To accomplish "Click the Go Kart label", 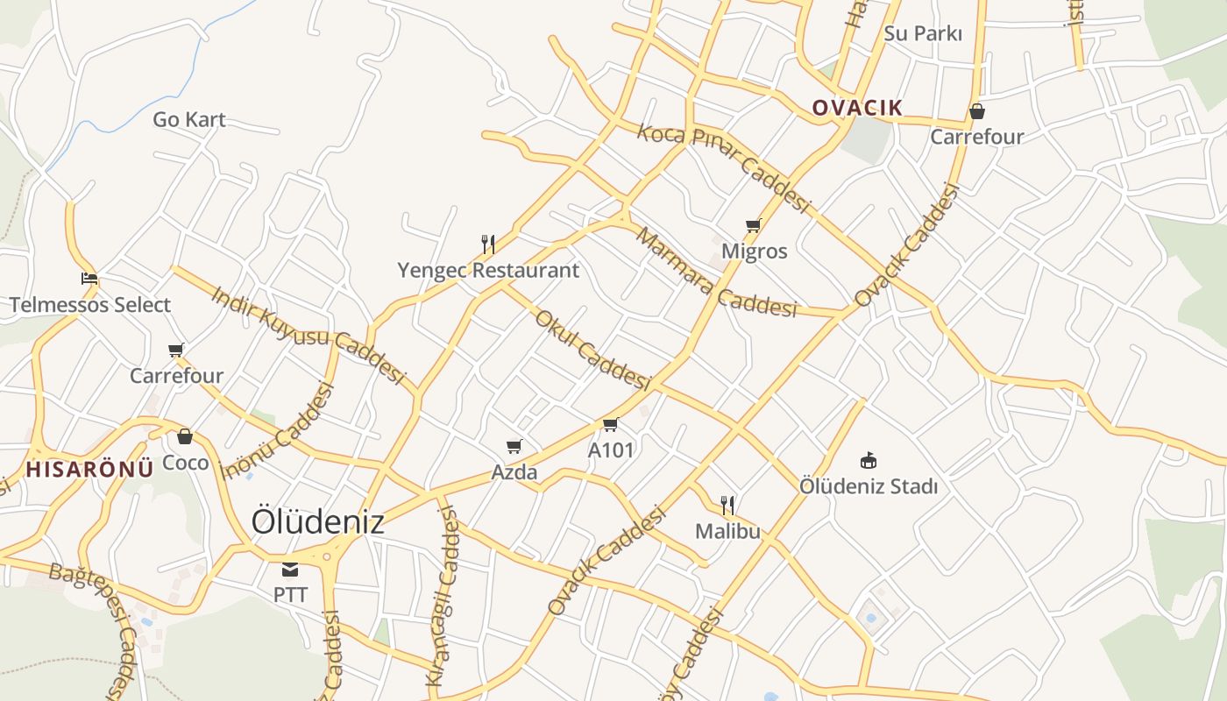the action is click(x=189, y=119).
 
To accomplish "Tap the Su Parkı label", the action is click(x=923, y=33).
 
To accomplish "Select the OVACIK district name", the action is click(x=856, y=108).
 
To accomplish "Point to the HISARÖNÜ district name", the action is click(x=89, y=469).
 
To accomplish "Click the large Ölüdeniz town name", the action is click(x=318, y=521).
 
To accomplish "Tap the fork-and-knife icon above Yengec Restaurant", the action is click(x=488, y=243).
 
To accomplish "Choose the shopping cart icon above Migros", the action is click(x=753, y=226).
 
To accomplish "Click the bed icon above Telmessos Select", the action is click(x=89, y=280).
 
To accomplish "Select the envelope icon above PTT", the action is click(x=290, y=570).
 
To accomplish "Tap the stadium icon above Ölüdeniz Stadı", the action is click(x=868, y=460).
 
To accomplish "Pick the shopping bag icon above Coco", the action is click(x=185, y=436).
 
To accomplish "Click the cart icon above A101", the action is click(x=610, y=425).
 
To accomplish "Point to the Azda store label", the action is click(x=514, y=472).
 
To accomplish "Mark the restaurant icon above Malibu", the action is click(x=727, y=505).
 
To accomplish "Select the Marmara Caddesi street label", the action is click(x=716, y=273).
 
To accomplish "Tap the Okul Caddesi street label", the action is click(x=593, y=350).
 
